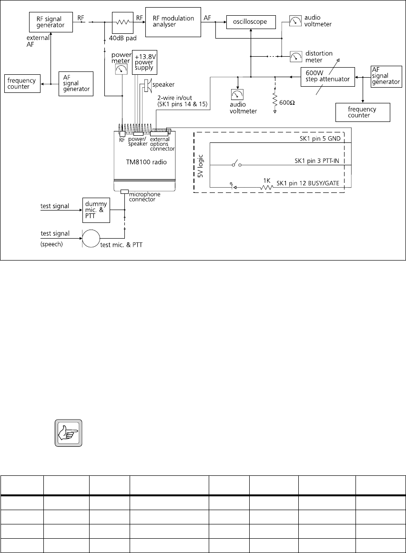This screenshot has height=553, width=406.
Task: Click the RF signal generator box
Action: (x=50, y=22)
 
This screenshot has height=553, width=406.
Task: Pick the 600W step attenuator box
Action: (x=328, y=77)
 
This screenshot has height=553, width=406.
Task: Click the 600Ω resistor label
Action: (x=287, y=102)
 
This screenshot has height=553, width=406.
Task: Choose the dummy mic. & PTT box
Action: (x=96, y=210)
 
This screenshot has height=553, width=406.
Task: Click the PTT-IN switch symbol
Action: (x=236, y=165)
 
